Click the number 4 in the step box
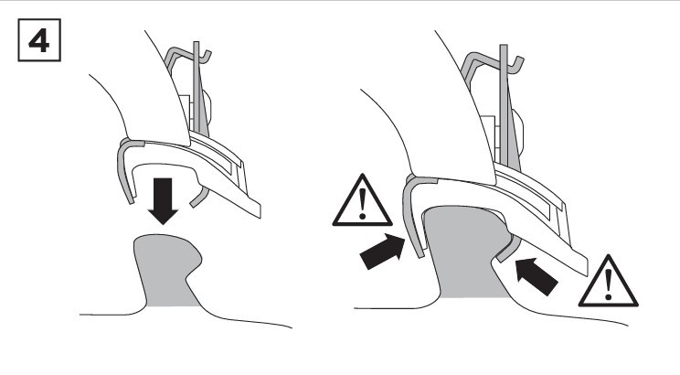click(x=38, y=41)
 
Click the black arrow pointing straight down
click(x=163, y=201)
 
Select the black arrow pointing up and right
click(x=383, y=252)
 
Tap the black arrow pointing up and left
click(x=537, y=276)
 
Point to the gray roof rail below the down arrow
click(x=167, y=269)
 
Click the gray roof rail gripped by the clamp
click(x=466, y=252)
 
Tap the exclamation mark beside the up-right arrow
click(x=363, y=203)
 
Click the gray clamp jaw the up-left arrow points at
click(x=508, y=250)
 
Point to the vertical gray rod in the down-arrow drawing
click(x=197, y=87)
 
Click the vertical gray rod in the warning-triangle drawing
click(x=504, y=104)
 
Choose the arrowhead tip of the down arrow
click(x=163, y=224)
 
